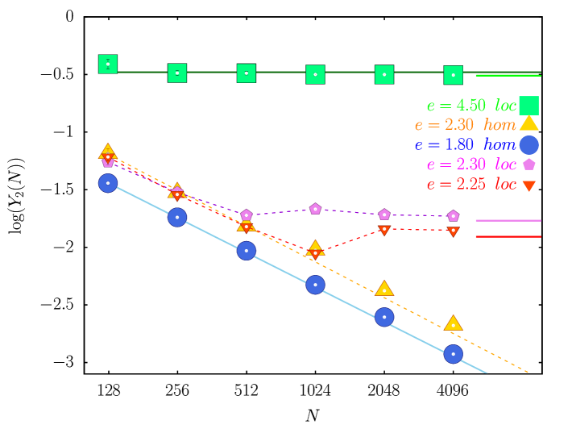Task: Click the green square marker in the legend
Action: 528,106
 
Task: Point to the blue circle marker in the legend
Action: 528,144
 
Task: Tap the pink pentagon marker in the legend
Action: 528,164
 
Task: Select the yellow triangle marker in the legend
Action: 528,123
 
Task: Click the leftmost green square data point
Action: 108,64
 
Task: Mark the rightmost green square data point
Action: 453,75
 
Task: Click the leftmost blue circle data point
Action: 108,183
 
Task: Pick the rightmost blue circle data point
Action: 453,354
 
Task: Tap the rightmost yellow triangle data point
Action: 453,323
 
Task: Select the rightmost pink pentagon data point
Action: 453,215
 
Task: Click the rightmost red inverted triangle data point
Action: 453,231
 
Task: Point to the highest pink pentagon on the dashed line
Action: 315,209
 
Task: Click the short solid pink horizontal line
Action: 508,220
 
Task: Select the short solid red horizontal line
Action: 508,236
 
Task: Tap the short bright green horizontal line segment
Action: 508,75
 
